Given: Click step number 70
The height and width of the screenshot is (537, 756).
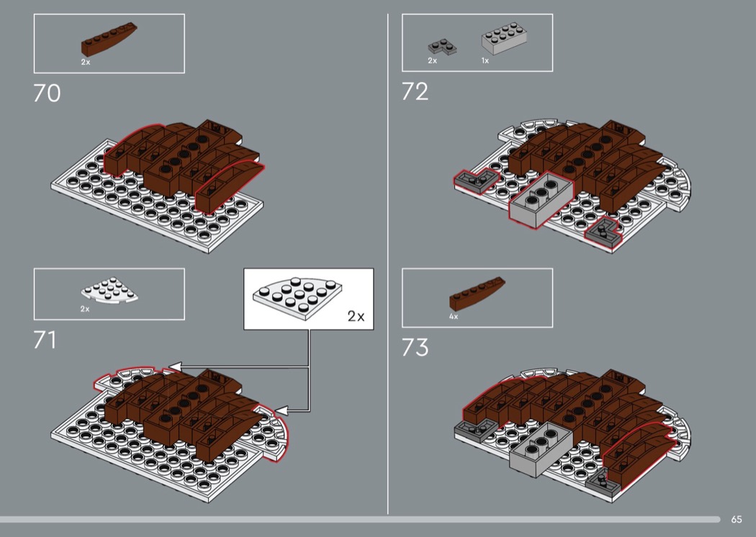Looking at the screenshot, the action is (48, 93).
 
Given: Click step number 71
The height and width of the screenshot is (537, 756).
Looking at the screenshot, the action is (45, 340).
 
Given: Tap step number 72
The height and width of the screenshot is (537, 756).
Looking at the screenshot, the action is (415, 91).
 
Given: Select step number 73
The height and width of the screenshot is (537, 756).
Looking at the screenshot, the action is (415, 347).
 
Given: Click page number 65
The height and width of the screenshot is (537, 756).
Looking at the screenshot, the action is (737, 519).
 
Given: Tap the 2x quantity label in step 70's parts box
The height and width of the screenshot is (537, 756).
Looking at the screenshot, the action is (86, 62).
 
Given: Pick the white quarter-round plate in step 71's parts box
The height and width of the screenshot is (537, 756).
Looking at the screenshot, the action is (109, 289).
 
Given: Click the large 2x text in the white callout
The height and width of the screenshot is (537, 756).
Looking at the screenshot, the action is (356, 316).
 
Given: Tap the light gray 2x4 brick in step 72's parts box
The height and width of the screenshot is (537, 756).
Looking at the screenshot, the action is (504, 38).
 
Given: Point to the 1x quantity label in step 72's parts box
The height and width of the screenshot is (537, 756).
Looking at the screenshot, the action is (485, 60).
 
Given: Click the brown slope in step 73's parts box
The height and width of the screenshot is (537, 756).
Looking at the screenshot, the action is (477, 293).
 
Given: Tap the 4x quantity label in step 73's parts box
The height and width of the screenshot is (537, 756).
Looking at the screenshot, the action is (454, 317).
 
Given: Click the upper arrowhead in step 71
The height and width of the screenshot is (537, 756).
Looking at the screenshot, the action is (174, 367).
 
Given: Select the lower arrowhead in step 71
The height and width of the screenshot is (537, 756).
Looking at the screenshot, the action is (281, 411).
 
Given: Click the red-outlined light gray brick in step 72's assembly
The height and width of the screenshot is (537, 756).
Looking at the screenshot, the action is (541, 199).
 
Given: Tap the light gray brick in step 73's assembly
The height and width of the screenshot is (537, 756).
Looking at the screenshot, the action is (540, 449).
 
